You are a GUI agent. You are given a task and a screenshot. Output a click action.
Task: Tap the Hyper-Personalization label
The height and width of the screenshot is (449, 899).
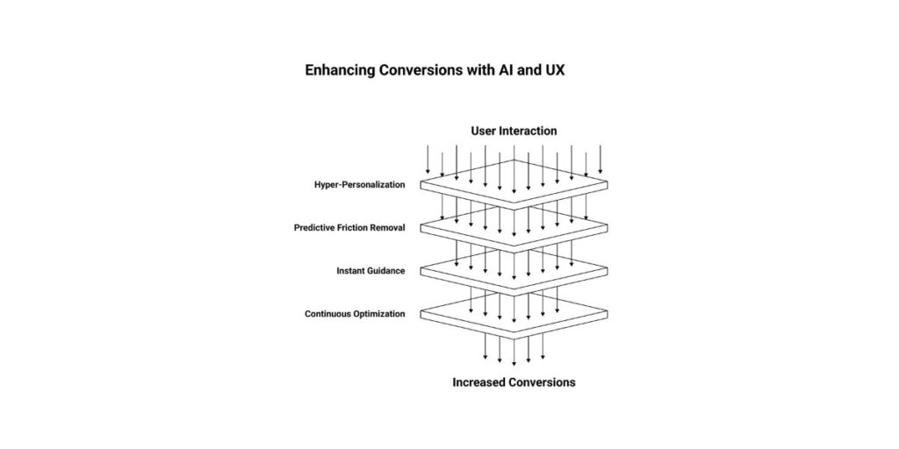coord(360,185)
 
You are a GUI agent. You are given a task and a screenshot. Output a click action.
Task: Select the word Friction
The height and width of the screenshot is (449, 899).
coord(361,228)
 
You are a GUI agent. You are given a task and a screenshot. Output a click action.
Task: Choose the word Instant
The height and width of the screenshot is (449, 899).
coord(352,271)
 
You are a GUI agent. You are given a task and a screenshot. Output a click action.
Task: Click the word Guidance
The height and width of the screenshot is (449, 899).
coord(388,271)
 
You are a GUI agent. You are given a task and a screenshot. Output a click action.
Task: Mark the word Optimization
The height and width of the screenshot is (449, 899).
coord(378,314)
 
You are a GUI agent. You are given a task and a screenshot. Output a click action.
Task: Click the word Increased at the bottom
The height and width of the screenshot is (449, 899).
coord(479,382)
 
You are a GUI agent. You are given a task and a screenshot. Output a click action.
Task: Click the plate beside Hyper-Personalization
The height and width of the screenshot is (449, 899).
coord(514,182)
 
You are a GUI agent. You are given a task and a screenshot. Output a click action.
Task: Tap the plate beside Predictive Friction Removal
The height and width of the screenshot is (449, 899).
coord(514,225)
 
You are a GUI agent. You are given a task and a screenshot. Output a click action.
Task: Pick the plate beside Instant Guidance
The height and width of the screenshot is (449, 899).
coord(514,268)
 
